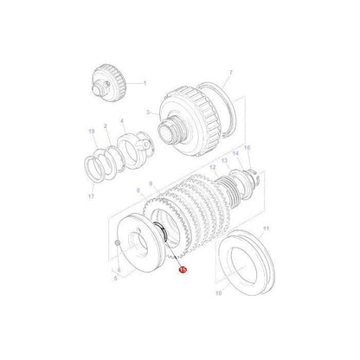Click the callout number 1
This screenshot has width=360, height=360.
click(x=145, y=83)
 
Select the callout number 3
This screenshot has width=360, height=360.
click(x=148, y=112)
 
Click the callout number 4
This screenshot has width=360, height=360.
click(x=122, y=122)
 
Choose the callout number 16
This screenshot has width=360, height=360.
click(x=247, y=171)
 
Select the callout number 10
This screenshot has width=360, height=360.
click(x=217, y=293)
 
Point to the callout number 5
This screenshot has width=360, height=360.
click(x=116, y=280)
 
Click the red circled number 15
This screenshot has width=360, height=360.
click(x=183, y=271)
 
